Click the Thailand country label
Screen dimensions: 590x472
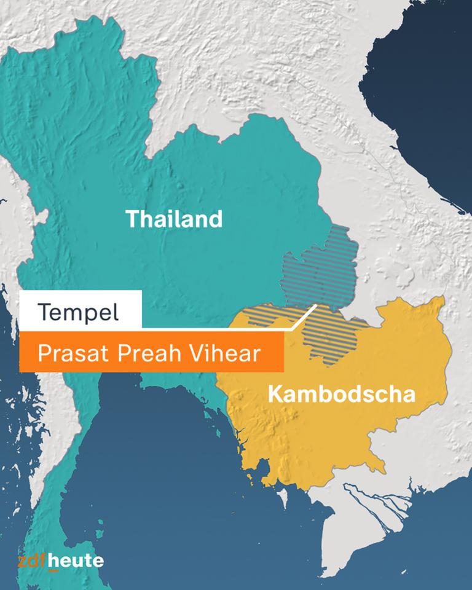pyautogui.click(x=173, y=219)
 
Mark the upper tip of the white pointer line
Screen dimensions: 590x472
pyautogui.click(x=315, y=305)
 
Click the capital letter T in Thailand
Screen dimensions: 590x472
pyautogui.click(x=131, y=219)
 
